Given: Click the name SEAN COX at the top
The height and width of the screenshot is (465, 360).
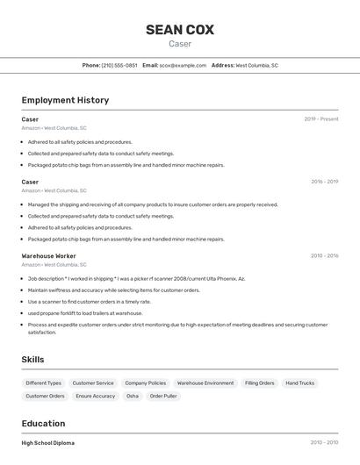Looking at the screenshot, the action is pyautogui.click(x=180, y=30).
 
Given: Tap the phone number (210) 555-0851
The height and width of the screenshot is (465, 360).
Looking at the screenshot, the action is pyautogui.click(x=119, y=65).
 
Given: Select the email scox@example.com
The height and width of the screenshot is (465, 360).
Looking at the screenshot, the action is pyautogui.click(x=183, y=65).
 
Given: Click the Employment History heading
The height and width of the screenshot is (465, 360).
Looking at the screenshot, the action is pyautogui.click(x=65, y=100).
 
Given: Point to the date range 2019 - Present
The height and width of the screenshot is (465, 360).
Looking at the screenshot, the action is pyautogui.click(x=321, y=118).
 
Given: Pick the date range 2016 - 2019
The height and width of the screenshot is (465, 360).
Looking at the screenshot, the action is pyautogui.click(x=324, y=182).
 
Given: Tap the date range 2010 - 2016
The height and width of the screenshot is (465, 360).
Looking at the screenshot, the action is pyautogui.click(x=324, y=255).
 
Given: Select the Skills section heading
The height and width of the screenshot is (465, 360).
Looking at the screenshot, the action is pyautogui.click(x=32, y=359).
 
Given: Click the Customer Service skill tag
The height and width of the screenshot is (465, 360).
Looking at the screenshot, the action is pyautogui.click(x=93, y=383).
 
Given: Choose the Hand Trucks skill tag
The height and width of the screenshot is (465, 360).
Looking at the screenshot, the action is pyautogui.click(x=300, y=383).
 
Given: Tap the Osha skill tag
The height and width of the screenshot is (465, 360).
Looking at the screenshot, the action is pyautogui.click(x=133, y=396).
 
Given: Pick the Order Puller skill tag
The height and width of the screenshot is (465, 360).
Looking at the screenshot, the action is pyautogui.click(x=163, y=396).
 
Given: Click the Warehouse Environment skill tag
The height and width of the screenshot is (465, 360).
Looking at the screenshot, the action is pyautogui.click(x=205, y=383).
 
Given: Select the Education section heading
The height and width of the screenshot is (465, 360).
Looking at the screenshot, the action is pyautogui.click(x=44, y=423).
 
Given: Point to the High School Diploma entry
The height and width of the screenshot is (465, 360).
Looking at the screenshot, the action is pyautogui.click(x=48, y=443).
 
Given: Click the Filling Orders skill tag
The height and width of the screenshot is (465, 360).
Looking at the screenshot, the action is pyautogui.click(x=260, y=383).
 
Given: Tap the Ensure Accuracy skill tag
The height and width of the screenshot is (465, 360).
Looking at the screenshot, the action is pyautogui.click(x=96, y=396).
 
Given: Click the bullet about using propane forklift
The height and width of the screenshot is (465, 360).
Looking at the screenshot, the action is pyautogui.click(x=84, y=312).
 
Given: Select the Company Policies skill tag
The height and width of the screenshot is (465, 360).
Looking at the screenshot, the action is pyautogui.click(x=146, y=383).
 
